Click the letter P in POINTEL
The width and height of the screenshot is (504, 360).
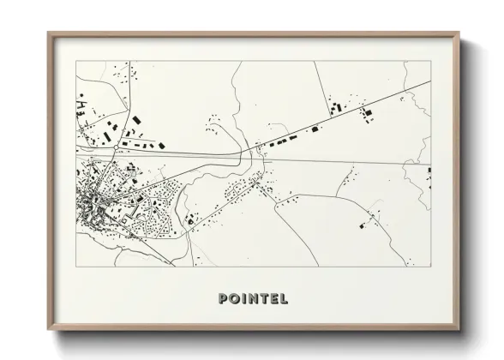[x=224, y=299]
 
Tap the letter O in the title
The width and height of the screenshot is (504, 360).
[x=235, y=299]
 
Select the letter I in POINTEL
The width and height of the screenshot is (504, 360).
[x=244, y=299]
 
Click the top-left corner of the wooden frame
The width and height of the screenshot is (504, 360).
[x=48, y=33]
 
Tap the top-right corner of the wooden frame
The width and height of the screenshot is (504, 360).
[x=460, y=33]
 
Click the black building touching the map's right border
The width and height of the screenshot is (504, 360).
[x=429, y=171]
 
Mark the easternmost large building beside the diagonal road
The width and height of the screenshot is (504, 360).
[x=368, y=112]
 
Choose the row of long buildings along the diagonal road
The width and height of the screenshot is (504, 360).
[x=283, y=140]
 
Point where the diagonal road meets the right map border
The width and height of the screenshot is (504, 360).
[x=430, y=82]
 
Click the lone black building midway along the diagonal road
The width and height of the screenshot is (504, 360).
[x=315, y=129]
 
